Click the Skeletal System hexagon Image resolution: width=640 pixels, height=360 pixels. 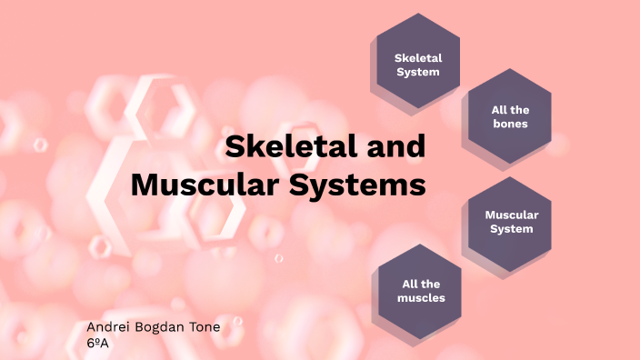(417, 64)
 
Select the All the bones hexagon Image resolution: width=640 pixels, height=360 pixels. (509, 115)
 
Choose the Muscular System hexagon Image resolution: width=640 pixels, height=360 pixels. (512, 222)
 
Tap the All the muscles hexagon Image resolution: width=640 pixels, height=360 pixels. (419, 290)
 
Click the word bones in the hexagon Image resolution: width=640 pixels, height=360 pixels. (509, 123)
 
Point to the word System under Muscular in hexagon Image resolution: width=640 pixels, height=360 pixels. (512, 229)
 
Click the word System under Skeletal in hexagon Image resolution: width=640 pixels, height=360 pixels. (417, 71)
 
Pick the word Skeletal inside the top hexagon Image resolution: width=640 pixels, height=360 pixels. (417, 56)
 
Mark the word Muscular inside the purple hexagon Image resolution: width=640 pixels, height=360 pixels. (512, 215)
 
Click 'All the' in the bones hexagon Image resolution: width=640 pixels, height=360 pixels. (509, 109)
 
